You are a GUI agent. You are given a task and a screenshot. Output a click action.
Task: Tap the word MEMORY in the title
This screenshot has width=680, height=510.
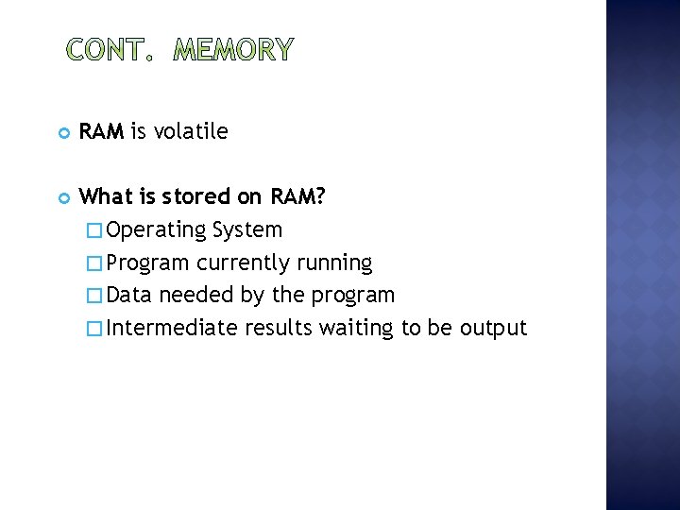[x=234, y=49]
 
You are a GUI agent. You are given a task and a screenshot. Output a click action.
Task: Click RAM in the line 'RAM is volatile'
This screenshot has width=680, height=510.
[x=102, y=131]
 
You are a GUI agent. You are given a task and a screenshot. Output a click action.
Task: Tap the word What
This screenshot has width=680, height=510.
[x=105, y=196]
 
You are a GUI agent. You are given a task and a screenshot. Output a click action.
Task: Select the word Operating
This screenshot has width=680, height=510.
[x=157, y=230]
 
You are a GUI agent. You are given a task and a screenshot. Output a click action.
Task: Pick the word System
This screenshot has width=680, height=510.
[x=247, y=229]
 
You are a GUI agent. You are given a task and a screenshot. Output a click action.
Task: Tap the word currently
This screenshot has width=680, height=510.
[x=245, y=263]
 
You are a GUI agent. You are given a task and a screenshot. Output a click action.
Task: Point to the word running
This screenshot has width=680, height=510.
[x=334, y=263]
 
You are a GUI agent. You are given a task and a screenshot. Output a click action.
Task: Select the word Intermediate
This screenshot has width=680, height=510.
[x=173, y=329]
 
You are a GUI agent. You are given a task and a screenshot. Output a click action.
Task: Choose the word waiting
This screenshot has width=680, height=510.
[x=356, y=329]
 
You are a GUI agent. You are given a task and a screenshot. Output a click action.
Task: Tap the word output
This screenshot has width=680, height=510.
[x=493, y=329]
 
